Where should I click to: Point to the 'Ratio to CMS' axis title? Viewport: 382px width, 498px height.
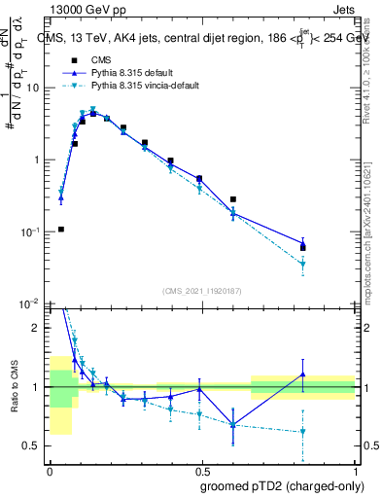[x=14, y=386]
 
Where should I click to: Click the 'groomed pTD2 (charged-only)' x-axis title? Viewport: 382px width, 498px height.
[x=283, y=486]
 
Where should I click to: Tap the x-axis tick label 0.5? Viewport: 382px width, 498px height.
[x=202, y=471]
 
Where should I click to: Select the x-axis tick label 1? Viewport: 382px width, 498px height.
[x=356, y=471]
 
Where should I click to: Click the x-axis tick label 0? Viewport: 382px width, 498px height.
[x=50, y=471]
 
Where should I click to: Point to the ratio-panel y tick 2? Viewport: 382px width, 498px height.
[x=38, y=328]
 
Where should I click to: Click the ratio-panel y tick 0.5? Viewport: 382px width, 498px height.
[x=34, y=446]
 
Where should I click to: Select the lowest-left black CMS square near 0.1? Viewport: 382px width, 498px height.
[x=61, y=230]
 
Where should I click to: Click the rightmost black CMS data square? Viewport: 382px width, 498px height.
[x=303, y=247]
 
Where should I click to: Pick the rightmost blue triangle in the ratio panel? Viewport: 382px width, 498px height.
[x=303, y=374]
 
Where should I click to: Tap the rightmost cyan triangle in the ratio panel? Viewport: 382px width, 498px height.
[x=303, y=432]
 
